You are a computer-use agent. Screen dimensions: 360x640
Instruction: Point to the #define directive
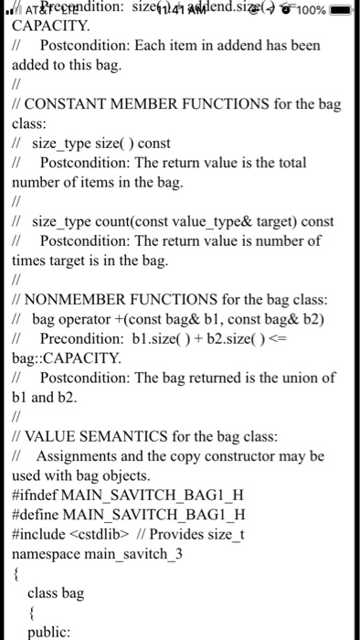tap(37, 515)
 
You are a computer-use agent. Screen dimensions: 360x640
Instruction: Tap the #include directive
tap(40, 534)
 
